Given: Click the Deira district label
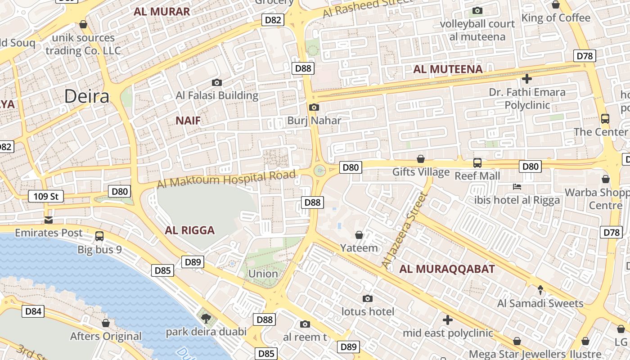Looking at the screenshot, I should pos(87,96).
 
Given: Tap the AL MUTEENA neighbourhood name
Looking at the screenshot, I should pos(448,69).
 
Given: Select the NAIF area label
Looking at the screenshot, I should pos(188,120).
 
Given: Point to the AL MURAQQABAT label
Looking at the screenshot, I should pos(447,269).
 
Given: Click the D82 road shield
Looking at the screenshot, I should pos(273,20).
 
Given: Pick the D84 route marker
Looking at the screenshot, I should pos(33,311).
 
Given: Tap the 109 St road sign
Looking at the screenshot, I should pos(46,196).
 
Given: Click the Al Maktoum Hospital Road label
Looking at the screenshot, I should pos(227,179).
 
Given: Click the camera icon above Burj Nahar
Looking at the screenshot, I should pos(314,107).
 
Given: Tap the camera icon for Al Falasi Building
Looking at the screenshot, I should pos(217,82).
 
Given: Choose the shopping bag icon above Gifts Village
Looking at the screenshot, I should pos(421,159).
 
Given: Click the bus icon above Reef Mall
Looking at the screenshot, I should pos(477,162).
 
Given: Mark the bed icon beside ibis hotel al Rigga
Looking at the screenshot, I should pos(517,186).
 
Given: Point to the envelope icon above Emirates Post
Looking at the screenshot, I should pos(49,220).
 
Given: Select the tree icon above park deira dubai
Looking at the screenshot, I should pos(206,319).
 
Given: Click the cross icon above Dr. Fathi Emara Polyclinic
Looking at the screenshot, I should pos(527,79).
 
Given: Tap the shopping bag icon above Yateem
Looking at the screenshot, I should pos(359,235).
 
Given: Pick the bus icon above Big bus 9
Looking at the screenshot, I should pos(99,236).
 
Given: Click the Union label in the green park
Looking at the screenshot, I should pos(263,274).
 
